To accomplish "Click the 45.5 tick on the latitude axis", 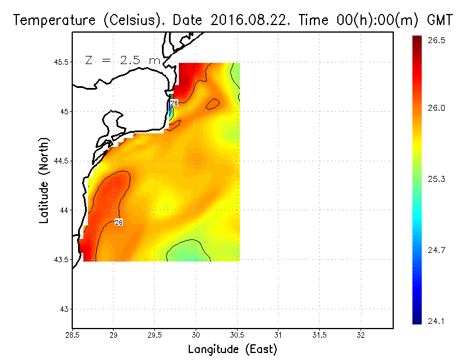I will (60, 62).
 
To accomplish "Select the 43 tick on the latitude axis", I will (63, 309).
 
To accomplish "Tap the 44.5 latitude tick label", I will (60, 161).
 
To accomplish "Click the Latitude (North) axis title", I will (44, 180).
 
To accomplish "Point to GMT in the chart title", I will (440, 20).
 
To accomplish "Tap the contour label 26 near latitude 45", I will (173, 103).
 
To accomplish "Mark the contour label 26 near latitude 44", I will (118, 222).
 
